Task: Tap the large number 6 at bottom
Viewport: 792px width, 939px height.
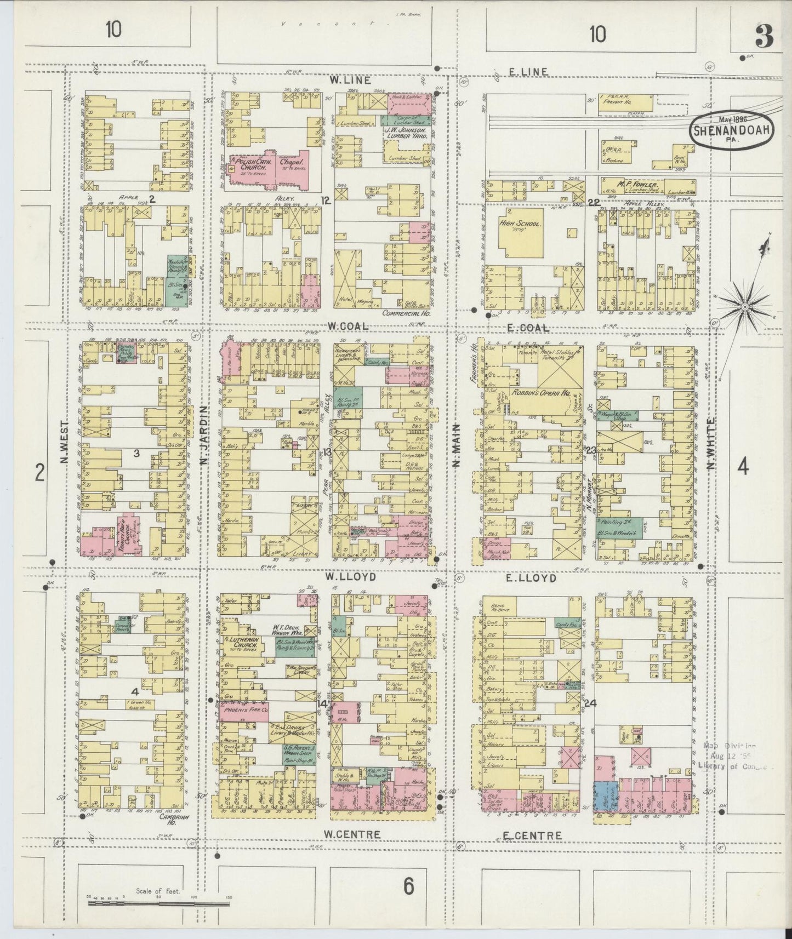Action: (408, 885)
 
